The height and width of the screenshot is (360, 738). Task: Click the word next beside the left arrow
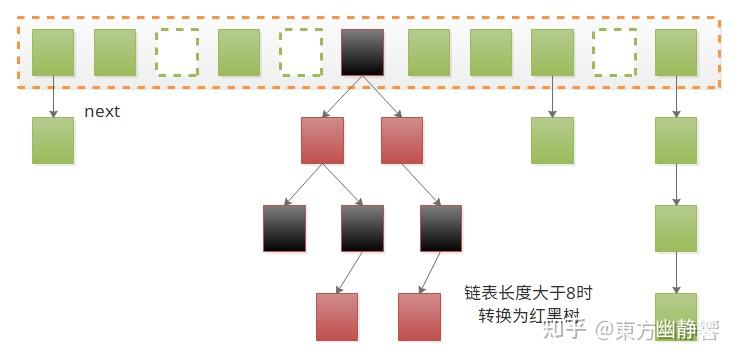pos(102,111)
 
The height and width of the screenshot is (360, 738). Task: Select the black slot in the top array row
pos(362,52)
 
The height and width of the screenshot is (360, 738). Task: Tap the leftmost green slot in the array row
pos(53,52)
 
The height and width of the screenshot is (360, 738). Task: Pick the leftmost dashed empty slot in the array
pos(177,52)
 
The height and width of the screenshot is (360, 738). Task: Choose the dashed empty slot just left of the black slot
pos(300,52)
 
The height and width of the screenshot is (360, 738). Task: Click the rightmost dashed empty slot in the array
pos(614,52)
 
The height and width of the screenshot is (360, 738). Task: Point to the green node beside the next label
pos(53,140)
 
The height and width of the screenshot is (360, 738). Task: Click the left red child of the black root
pos(322,140)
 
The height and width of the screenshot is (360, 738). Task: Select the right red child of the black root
pos(402,140)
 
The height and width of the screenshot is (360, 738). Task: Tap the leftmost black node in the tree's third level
pos(284,228)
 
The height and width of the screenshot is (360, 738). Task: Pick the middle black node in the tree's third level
pos(362,228)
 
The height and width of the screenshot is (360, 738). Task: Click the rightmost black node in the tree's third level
pos(441,228)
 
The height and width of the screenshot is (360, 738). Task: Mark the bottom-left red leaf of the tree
pos(337,317)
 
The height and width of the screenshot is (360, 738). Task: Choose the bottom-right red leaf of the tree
pos(419,317)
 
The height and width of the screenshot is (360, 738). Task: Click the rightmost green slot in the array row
pos(676,52)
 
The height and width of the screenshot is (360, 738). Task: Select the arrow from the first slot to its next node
pos(53,96)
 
